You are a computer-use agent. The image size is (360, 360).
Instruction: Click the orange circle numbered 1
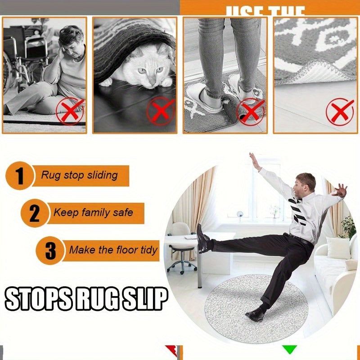coord(19,175)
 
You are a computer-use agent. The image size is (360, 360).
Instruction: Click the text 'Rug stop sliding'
coord(80,175)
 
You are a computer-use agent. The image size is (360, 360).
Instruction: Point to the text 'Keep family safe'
coord(93,212)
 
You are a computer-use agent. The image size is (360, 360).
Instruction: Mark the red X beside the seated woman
coord(70,112)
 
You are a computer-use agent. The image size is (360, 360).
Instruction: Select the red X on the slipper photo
coord(250,111)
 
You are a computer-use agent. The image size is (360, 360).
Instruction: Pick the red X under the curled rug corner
coord(340,111)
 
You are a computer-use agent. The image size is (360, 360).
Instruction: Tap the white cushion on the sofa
coord(338,247)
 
